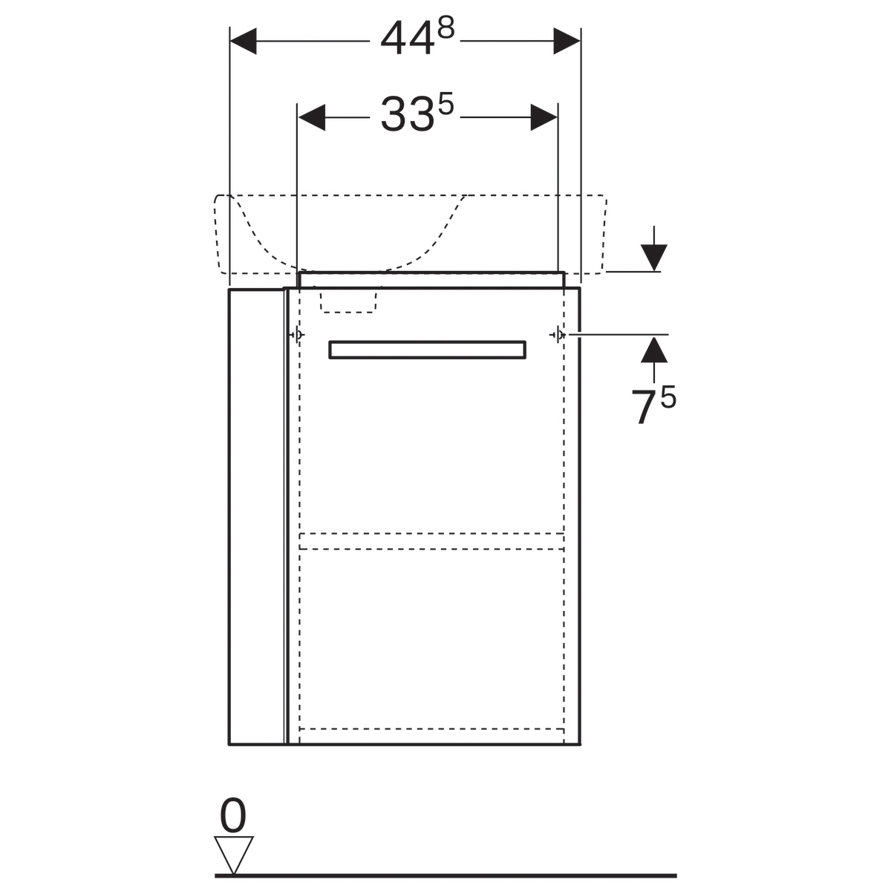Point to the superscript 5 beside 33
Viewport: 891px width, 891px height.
[x=446, y=104]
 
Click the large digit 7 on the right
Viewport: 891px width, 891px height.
[x=644, y=408]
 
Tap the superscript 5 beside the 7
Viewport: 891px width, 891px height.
[x=668, y=396]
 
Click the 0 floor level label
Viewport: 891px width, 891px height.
[x=232, y=815]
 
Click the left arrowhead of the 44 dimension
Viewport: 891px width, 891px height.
[x=244, y=41]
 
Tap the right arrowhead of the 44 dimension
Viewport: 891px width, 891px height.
[x=567, y=41]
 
